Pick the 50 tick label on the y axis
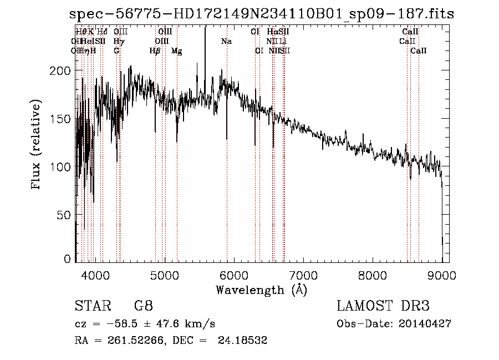[x=62, y=215]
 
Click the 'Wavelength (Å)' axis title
[x=261, y=290]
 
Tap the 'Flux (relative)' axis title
[x=37, y=145]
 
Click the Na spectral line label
[x=226, y=41]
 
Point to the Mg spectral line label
[x=176, y=50]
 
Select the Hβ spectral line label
[x=155, y=50]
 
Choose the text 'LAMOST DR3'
[x=383, y=306]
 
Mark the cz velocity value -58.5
[x=124, y=323]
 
